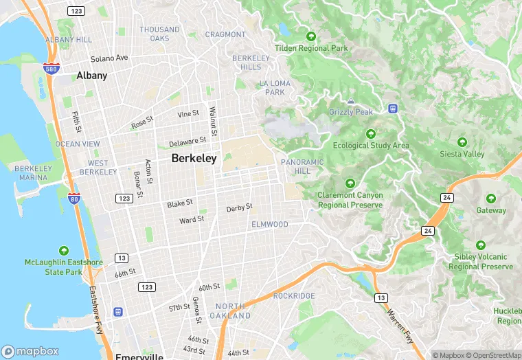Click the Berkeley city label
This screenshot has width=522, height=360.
coord(194,158)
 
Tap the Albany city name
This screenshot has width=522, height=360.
coord(92,76)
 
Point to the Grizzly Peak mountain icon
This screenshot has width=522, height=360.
coord(351,101)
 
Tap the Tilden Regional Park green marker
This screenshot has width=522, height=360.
coord(311,36)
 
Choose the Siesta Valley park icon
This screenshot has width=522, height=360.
coord(462,142)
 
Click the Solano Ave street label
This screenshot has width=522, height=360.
coord(110,58)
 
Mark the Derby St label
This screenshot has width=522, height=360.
coord(240,207)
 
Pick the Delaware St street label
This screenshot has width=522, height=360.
coord(188,142)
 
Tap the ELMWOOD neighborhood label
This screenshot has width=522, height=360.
coord(270,225)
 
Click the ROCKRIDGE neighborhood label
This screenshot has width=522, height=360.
coord(294,296)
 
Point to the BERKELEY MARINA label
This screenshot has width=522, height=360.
coord(33,173)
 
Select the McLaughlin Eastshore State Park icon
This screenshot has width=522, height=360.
coord(64,251)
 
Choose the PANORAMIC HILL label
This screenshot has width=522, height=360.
coord(302,166)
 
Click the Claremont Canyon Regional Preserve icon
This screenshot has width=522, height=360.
coord(350,183)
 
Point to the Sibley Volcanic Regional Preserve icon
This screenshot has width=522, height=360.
coord(480,245)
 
